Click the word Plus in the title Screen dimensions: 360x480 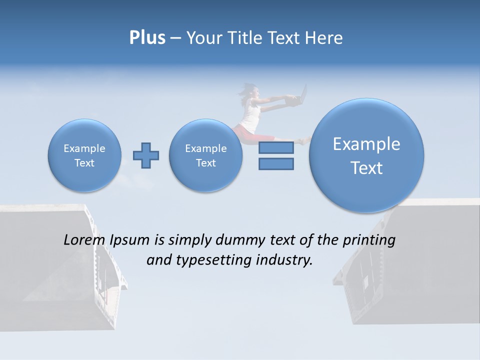(x=147, y=38)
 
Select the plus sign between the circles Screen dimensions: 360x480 (x=146, y=155)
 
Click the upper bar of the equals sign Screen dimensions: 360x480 (x=276, y=147)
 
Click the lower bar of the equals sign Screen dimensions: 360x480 (x=276, y=163)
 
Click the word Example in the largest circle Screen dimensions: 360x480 (x=366, y=144)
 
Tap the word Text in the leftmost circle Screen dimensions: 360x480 (x=84, y=163)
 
